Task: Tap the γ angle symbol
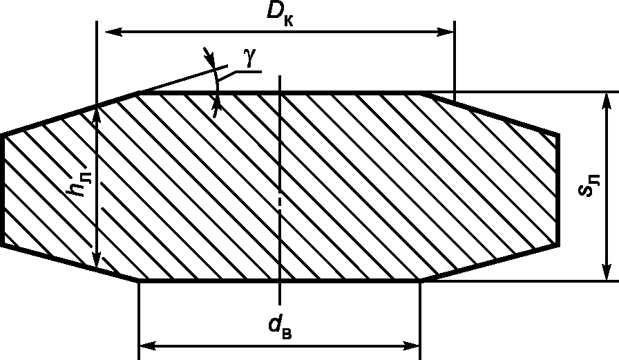249,58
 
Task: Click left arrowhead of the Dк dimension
114,32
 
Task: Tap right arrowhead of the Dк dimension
445,32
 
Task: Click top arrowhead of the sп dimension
607,102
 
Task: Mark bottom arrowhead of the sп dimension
607,271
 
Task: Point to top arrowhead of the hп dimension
96,115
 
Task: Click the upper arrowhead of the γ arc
209,57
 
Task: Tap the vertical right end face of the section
558,189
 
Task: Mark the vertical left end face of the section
3,190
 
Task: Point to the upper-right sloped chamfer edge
490,113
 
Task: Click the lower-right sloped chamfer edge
490,263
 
